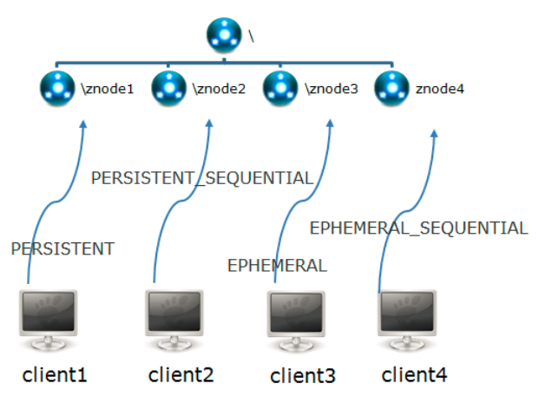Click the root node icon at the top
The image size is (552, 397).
click(224, 36)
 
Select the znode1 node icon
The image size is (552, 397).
click(57, 88)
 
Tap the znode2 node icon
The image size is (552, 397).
click(168, 88)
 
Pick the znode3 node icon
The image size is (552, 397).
click(279, 88)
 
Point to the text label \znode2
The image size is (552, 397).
click(217, 89)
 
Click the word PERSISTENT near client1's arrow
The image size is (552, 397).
click(62, 249)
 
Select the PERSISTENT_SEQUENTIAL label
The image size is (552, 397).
click(201, 178)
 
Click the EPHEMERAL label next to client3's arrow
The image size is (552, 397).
click(277, 266)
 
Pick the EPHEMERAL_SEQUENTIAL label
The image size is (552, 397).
click(418, 228)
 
